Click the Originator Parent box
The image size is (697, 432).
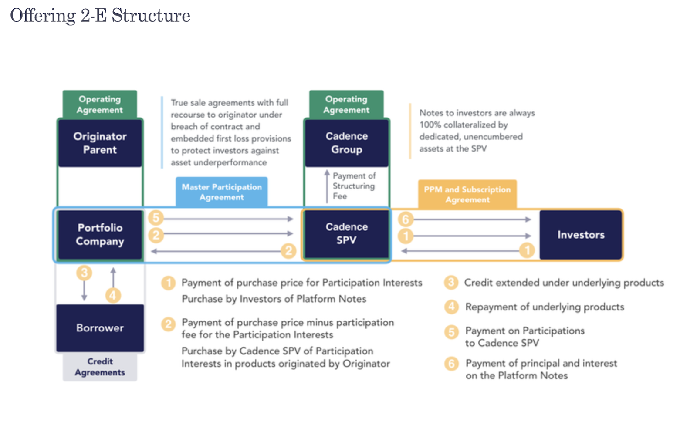point(100,143)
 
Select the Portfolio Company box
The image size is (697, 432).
point(100,235)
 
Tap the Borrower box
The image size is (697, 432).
point(100,328)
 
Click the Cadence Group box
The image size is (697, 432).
point(347,143)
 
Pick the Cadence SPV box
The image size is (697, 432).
point(347,234)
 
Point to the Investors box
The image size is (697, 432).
point(581,235)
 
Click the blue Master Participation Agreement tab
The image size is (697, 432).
point(222,192)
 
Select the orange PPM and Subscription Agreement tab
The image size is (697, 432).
point(467,195)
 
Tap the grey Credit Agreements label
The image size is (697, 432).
point(100,367)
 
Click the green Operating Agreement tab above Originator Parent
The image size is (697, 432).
point(100,105)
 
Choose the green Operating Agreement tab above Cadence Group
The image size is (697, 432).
point(346,105)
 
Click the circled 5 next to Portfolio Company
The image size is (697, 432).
point(156,218)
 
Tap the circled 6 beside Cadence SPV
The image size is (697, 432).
point(406,219)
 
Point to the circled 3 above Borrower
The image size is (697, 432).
point(84,273)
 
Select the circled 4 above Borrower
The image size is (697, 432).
point(113,296)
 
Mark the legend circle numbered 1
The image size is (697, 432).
point(168,283)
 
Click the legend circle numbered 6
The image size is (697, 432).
point(451,363)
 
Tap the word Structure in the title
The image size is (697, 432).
point(151,16)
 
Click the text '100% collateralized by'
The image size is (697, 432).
point(464,125)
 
